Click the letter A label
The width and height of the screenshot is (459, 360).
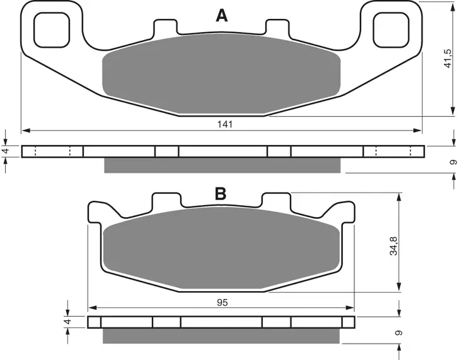click(221, 16)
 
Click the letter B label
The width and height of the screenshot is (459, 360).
click(221, 193)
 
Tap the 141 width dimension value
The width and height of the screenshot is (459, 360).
click(225, 124)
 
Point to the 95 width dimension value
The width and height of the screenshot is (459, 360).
click(223, 302)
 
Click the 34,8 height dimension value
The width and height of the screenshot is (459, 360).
click(394, 246)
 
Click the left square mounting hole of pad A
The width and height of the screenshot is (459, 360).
click(52, 30)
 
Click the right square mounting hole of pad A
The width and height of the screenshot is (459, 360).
click(391, 30)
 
